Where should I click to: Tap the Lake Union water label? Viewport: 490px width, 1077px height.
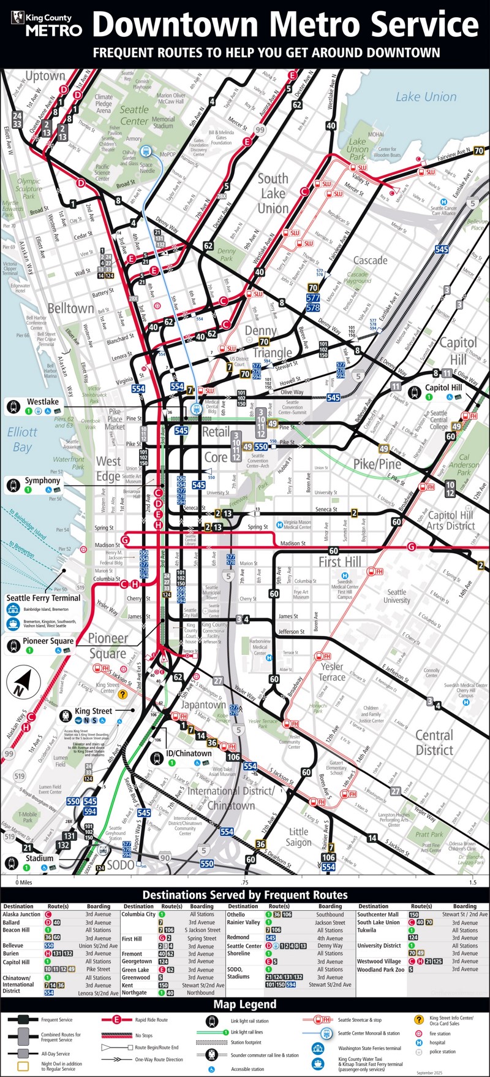click(426, 97)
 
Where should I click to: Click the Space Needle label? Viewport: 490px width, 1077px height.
click(146, 167)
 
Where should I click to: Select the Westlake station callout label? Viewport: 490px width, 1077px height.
click(42, 402)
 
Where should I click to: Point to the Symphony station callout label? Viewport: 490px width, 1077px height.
click(42, 481)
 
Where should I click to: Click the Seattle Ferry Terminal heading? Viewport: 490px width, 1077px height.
click(43, 598)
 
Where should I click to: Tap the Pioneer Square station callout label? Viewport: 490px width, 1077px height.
click(48, 642)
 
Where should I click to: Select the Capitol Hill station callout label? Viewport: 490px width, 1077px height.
click(443, 388)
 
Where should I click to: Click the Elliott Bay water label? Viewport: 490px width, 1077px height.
click(23, 439)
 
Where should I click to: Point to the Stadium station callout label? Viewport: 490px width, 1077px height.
click(39, 859)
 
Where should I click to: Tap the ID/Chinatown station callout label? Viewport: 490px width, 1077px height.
click(189, 753)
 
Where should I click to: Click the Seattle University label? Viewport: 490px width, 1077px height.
click(396, 596)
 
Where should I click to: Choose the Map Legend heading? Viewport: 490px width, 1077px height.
click(244, 1005)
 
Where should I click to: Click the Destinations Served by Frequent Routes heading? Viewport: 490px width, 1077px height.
click(244, 895)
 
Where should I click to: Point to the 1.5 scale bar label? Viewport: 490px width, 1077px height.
click(472, 883)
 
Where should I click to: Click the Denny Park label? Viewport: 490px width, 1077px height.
click(226, 254)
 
